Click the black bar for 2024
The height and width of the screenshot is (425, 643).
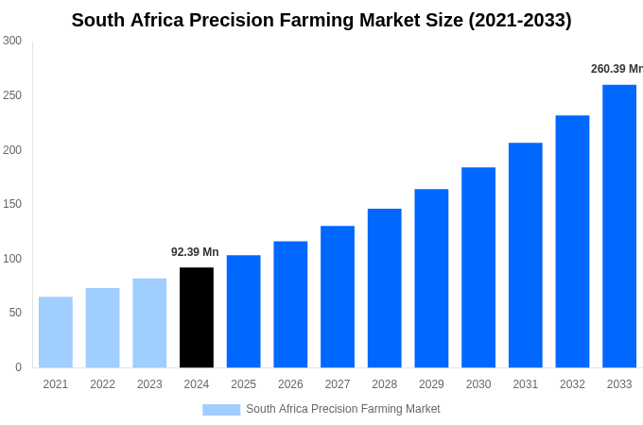coord(197,317)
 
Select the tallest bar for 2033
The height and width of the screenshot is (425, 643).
coord(619,227)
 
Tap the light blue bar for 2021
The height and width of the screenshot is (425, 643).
coord(56,332)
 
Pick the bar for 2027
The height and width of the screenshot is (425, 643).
coord(338,297)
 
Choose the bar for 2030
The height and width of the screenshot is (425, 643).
coord(478,267)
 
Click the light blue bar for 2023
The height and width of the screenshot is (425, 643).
coord(149,323)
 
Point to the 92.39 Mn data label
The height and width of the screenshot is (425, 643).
coord(195,252)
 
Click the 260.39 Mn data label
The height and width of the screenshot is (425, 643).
coord(616,69)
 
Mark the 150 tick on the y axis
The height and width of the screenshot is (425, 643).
coord(11,204)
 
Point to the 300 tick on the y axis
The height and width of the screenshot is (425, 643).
coord(11,41)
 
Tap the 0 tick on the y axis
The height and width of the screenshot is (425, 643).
coord(18,367)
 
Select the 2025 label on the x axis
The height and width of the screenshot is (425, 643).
coord(244,384)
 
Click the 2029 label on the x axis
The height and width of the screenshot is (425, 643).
coord(431,384)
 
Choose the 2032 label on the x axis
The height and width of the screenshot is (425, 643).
coord(572,384)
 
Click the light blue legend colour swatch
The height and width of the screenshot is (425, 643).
coord(221,410)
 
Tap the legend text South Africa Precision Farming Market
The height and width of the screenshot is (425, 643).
coord(342,409)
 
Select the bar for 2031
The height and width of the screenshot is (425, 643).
coord(526,255)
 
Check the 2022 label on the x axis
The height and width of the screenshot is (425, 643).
coord(103,384)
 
